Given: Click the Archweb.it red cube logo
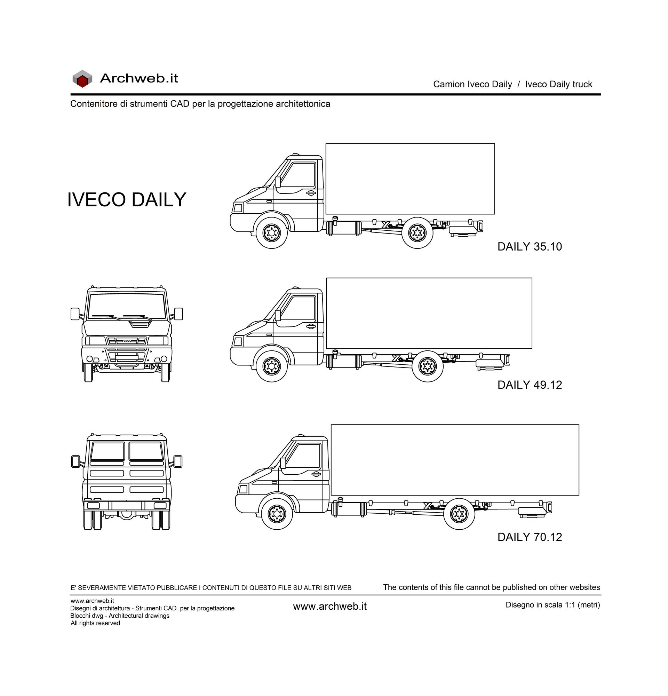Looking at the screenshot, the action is coord(82,79).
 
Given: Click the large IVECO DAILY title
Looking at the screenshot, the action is coord(127,199).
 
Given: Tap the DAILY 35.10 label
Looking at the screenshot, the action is coord(530,246).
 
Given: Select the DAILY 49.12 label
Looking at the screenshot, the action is coord(530,385).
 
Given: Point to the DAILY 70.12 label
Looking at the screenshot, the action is coord(530,537).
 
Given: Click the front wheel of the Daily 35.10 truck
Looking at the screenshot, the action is coord(271,233).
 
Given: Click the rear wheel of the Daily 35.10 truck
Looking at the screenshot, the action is coord(417,233).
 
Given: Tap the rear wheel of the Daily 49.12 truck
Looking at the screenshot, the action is coord(428,366).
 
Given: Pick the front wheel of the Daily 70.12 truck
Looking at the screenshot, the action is coord(277,514).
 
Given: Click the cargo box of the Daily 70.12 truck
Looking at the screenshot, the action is coord(455,460).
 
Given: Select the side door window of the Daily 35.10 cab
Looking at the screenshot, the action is coord(299,174).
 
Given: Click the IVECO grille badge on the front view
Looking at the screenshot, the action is coord(127,341).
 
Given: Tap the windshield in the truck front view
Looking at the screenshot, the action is coord(127,306).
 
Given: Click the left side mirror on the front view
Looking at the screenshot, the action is coord(75,314).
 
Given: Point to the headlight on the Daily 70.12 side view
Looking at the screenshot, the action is coord(243,489).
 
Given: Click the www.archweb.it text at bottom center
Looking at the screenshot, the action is coord(330,607).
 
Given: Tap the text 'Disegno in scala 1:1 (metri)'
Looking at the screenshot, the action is coord(552,605).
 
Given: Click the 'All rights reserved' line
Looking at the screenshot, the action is coord(95,623).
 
